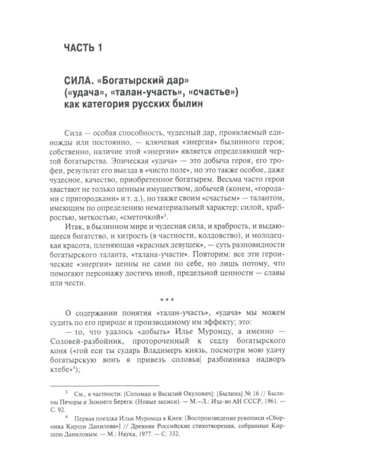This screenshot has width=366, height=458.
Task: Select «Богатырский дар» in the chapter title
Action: click(151, 81)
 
